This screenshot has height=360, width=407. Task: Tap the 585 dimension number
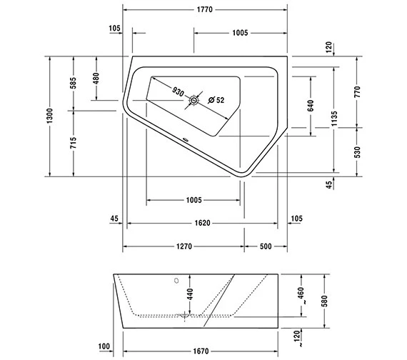pos(73,83)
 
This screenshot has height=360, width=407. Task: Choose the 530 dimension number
pos(358,151)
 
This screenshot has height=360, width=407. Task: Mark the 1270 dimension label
pos(183,246)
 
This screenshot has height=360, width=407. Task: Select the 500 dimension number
pos(265,246)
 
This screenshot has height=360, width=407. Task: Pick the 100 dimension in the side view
pos(104,347)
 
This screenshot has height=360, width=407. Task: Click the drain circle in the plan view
pos(193,101)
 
